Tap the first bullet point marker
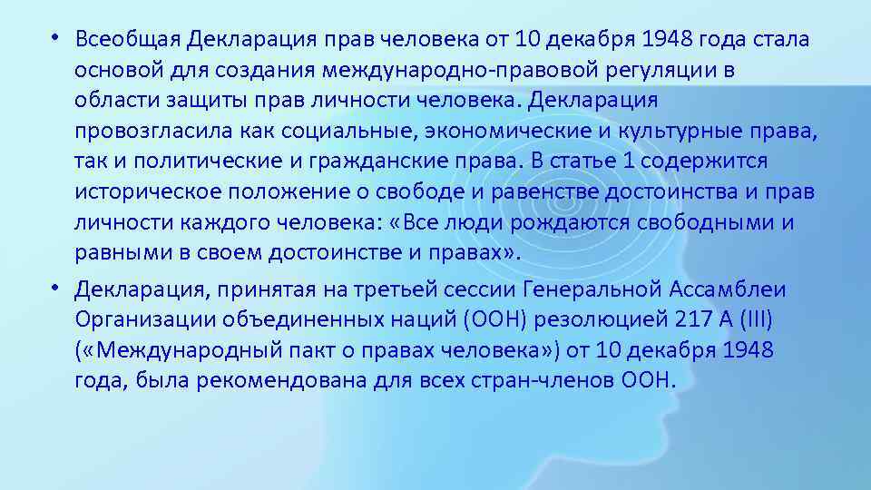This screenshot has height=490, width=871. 55,39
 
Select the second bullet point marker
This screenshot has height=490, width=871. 55,288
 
